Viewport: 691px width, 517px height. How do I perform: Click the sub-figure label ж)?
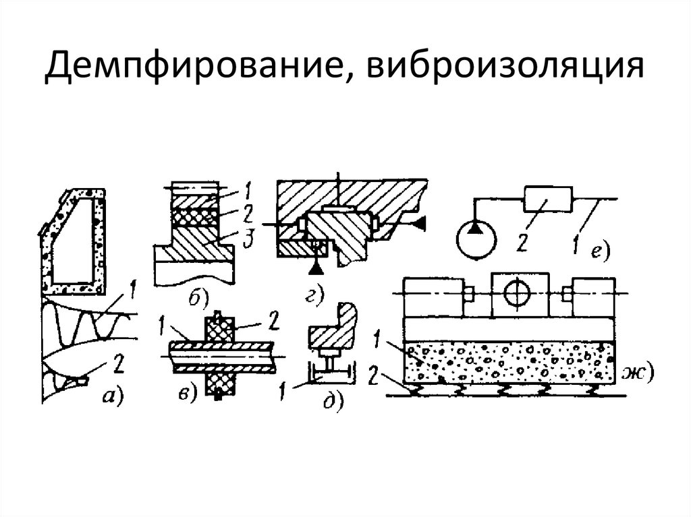pos(639,372)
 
